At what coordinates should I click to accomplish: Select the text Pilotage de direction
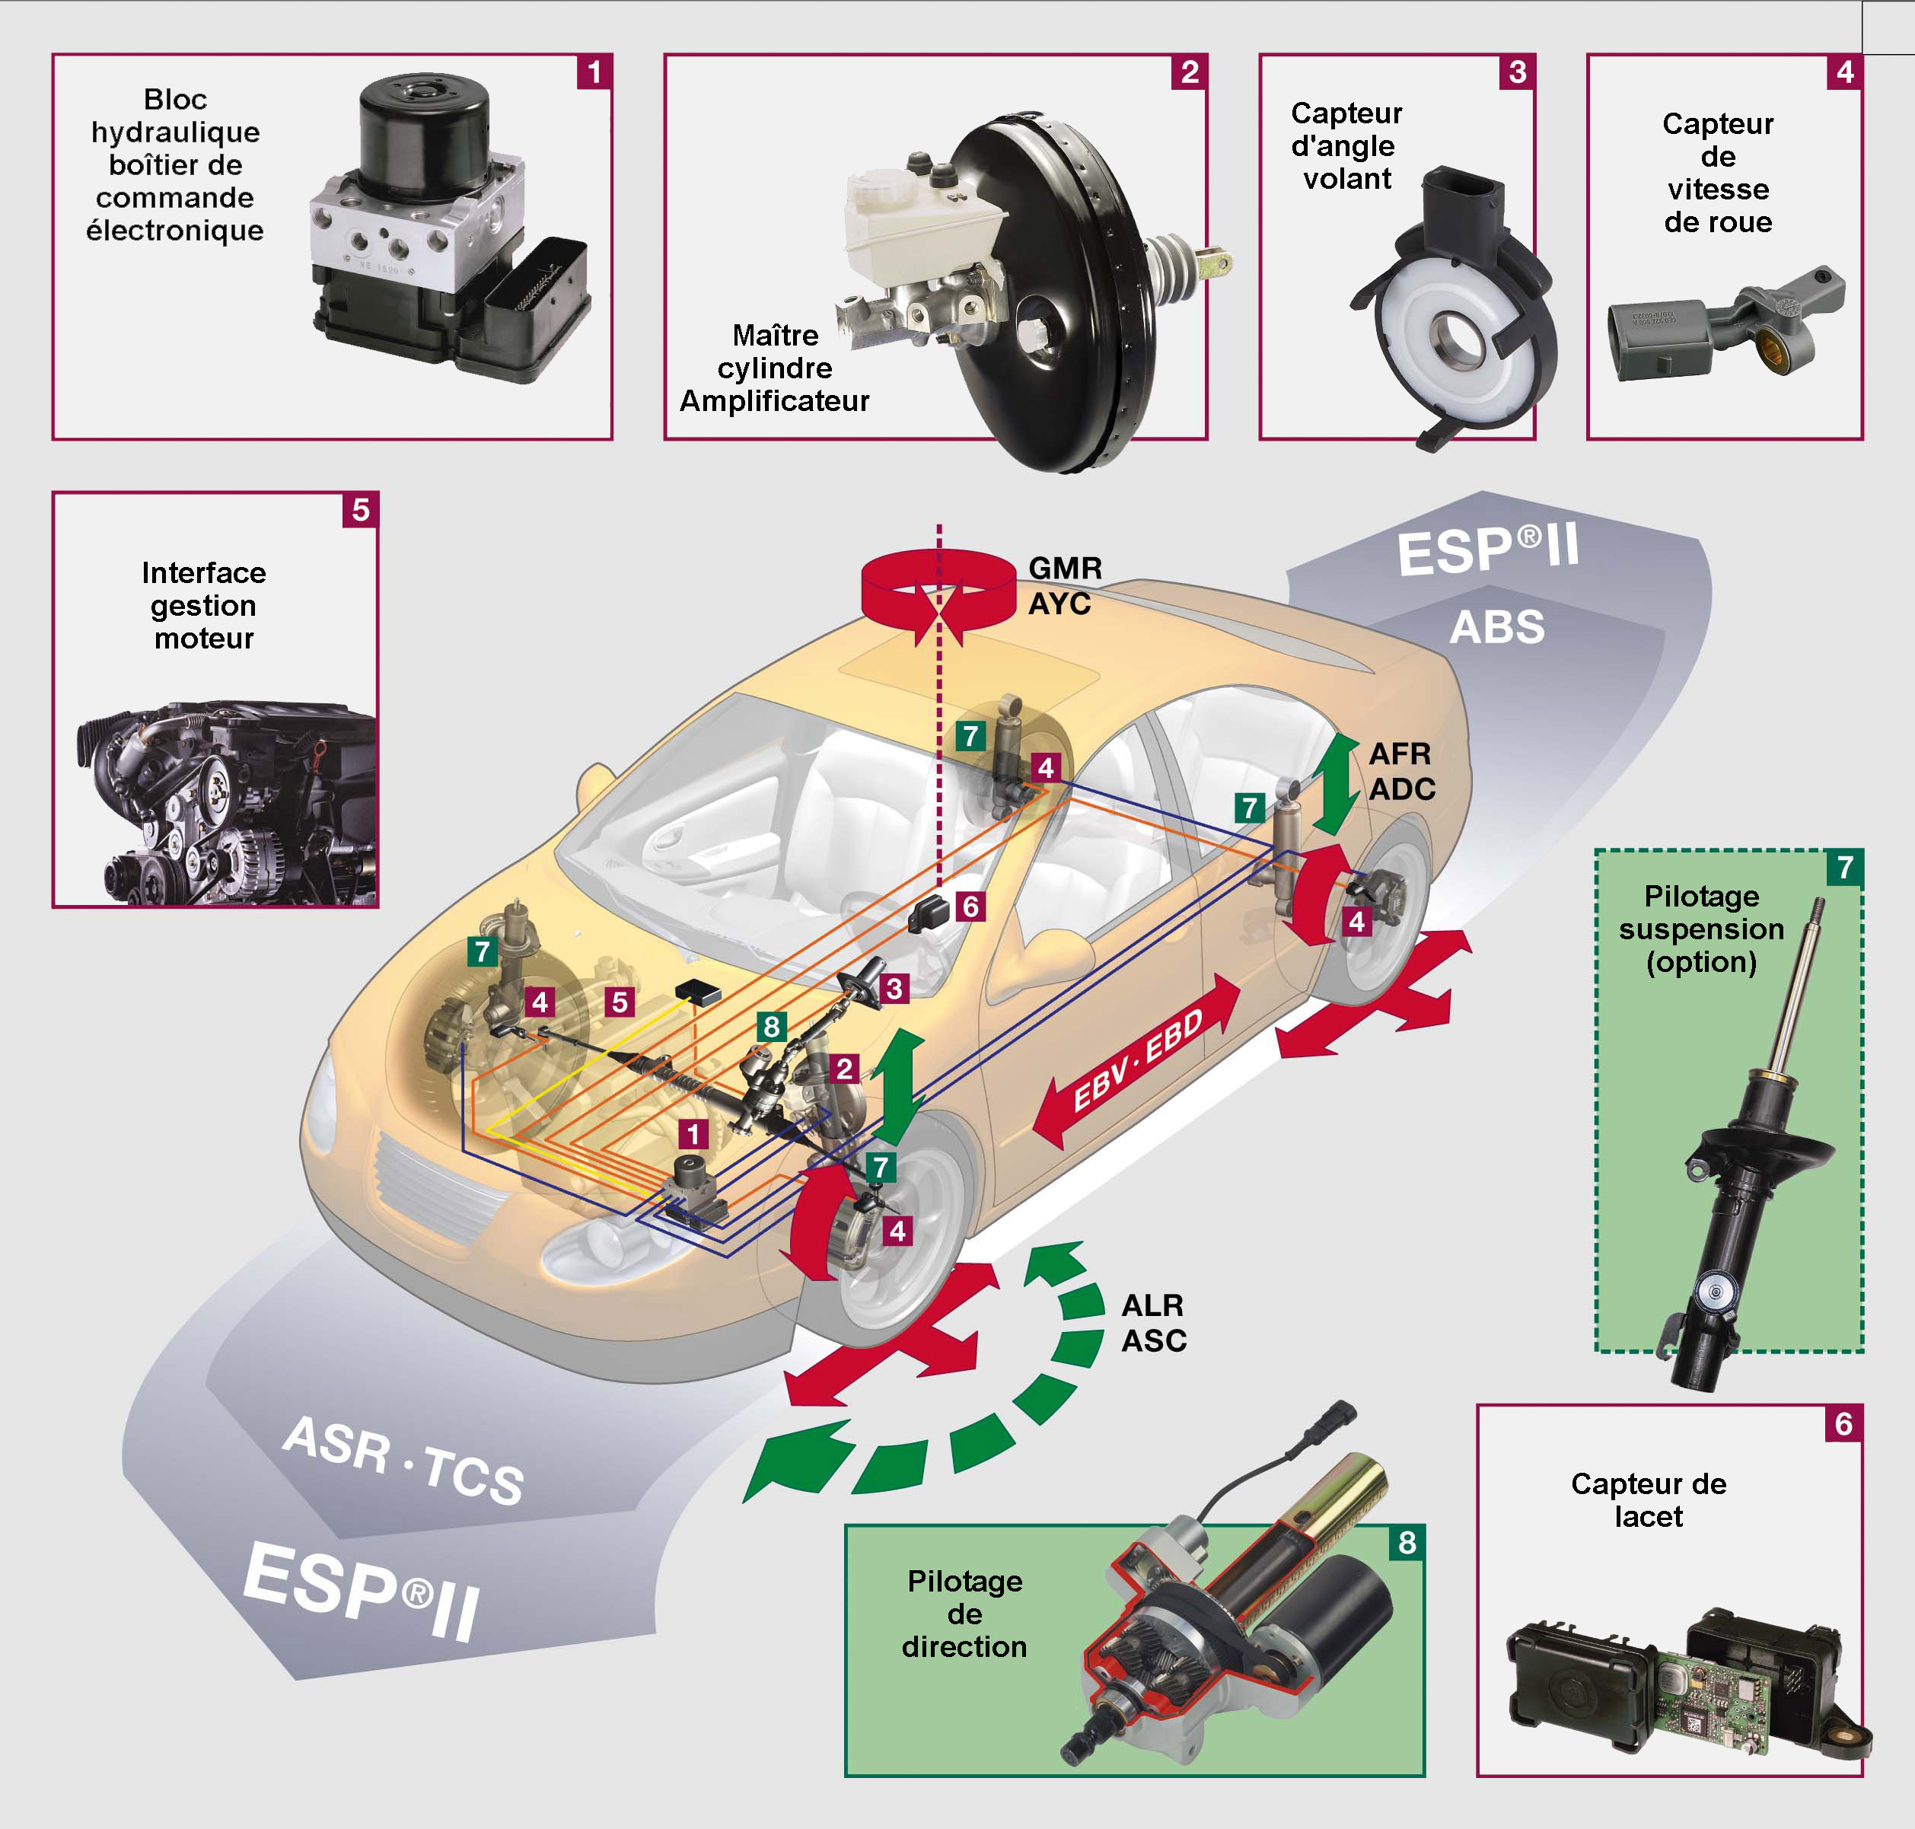coord(964,1614)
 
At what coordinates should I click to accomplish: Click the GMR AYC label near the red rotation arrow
coord(1065,586)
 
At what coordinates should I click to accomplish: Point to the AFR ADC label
coord(1402,771)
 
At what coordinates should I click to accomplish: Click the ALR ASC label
coord(1153,1323)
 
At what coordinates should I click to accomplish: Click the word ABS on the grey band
coord(1496,627)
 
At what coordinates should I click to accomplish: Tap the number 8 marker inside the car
coord(771,1027)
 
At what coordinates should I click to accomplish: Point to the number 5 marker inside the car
coord(619,1002)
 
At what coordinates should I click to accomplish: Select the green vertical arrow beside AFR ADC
coord(1336,784)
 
